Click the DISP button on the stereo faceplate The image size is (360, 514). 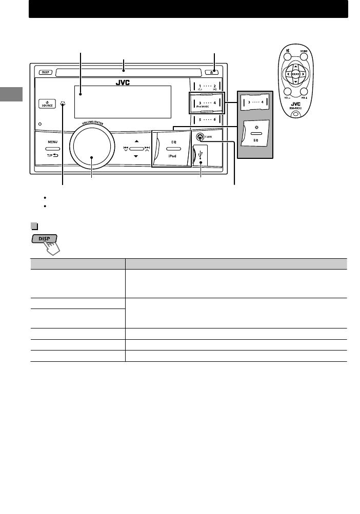tap(45, 72)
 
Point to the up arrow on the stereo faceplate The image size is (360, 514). tap(135, 141)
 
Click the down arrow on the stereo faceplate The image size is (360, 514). tap(135, 155)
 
